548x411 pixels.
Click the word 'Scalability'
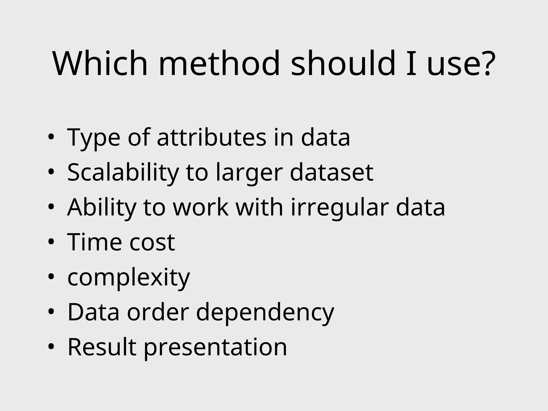pyautogui.click(x=123, y=173)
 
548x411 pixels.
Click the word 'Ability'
pyautogui.click(x=102, y=208)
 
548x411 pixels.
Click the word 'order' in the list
pyautogui.click(x=158, y=312)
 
